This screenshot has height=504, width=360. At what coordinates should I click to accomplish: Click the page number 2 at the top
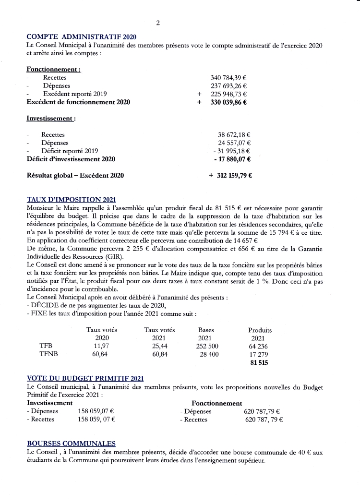tap(158, 23)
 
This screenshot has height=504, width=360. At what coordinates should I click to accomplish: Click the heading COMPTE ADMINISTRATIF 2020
tap(82, 36)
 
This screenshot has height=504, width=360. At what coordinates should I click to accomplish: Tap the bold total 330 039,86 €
tap(228, 102)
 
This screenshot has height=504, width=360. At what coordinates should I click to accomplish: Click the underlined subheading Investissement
tap(50, 118)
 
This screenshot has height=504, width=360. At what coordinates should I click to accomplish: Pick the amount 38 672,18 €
tap(236, 135)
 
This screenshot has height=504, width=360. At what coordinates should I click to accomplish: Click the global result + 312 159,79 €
tap(231, 175)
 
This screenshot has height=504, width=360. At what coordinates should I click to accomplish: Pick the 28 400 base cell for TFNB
tap(209, 354)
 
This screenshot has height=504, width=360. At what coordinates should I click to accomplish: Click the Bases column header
tap(206, 330)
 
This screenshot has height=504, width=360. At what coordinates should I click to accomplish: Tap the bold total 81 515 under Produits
tap(259, 363)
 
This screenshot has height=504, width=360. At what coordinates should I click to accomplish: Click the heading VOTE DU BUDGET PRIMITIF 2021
tap(85, 379)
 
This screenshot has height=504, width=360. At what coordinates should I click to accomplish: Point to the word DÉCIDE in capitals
tap(45, 306)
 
